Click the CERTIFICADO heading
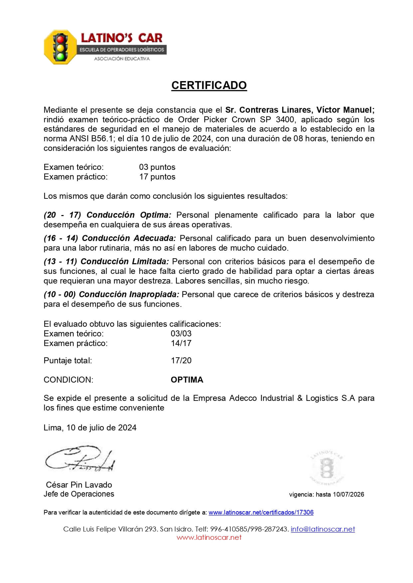pyautogui.click(x=209, y=85)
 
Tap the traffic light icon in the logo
pyautogui.click(x=61, y=48)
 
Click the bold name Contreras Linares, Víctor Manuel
pyautogui.click(x=300, y=110)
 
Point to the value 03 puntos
pyautogui.click(x=157, y=167)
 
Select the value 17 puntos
pyautogui.click(x=157, y=177)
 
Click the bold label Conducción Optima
pyautogui.click(x=129, y=215)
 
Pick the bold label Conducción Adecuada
pyautogui.click(x=129, y=238)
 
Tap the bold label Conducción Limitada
pyautogui.click(x=125, y=262)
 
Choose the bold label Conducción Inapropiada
pyautogui.click(x=129, y=294)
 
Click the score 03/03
pyautogui.click(x=181, y=334)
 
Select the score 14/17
pyautogui.click(x=181, y=343)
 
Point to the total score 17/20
pyautogui.click(x=181, y=361)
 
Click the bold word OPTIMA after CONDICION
pyautogui.click(x=187, y=380)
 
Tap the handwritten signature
pyautogui.click(x=80, y=460)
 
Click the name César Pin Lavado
pyautogui.click(x=79, y=485)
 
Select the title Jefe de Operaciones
pyautogui.click(x=79, y=494)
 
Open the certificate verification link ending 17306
pyautogui.click(x=261, y=513)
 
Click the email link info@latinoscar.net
pyautogui.click(x=323, y=529)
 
